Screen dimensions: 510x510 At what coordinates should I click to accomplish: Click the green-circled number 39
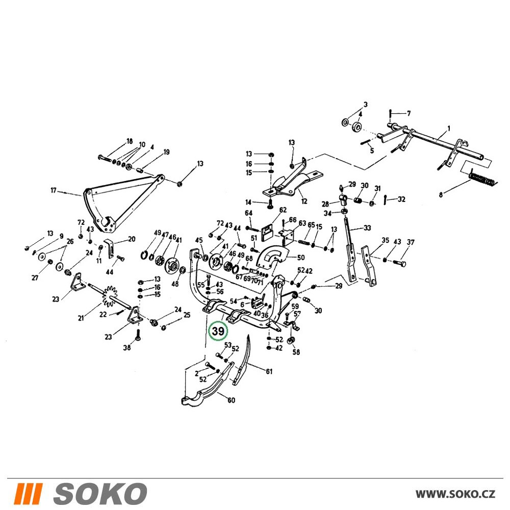click(218, 331)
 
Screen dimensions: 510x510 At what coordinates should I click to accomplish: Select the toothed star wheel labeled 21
click(110, 296)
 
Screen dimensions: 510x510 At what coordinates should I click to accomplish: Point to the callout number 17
click(54, 190)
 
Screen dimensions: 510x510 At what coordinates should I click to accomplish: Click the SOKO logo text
click(100, 493)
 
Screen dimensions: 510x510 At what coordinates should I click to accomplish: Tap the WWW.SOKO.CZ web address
click(455, 494)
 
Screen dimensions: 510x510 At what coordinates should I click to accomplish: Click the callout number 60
click(231, 400)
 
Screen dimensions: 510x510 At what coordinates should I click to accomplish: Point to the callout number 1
click(449, 129)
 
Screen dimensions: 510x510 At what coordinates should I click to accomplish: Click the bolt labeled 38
click(138, 335)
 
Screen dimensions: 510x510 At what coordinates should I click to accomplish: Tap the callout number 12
click(304, 201)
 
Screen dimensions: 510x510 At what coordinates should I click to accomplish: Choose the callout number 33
click(367, 227)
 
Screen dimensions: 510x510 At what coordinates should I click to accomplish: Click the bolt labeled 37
click(400, 262)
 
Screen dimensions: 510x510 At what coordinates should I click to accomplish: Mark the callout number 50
click(301, 257)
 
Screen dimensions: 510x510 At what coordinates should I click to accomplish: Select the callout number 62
click(283, 210)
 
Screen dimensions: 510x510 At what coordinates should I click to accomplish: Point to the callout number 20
click(132, 239)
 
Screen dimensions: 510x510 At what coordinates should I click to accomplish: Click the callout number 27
click(35, 277)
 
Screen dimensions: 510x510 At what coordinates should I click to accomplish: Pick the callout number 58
click(296, 352)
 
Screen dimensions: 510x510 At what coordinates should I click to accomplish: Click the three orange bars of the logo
click(28, 493)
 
